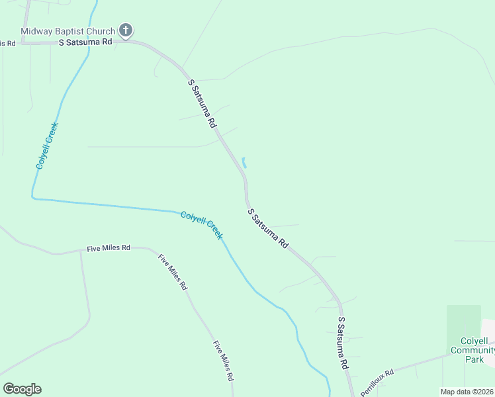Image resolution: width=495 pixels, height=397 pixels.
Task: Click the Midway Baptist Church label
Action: (68, 31)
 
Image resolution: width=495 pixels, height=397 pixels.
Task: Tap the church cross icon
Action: (126, 30)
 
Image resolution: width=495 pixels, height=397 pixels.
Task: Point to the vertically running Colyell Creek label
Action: (48, 146)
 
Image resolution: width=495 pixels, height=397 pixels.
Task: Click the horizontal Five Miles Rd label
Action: (109, 248)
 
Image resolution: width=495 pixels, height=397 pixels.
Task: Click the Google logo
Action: (22, 389)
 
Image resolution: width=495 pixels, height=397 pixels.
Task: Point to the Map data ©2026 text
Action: (467, 392)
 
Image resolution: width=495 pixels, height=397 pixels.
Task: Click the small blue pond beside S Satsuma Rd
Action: (244, 162)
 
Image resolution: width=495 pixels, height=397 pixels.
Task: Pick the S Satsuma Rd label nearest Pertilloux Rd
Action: (343, 342)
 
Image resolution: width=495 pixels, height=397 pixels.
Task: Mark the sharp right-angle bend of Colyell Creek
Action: (32, 197)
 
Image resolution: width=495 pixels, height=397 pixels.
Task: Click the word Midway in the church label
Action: (36, 31)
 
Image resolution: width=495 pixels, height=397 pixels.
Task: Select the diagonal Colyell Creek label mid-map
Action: (202, 225)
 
